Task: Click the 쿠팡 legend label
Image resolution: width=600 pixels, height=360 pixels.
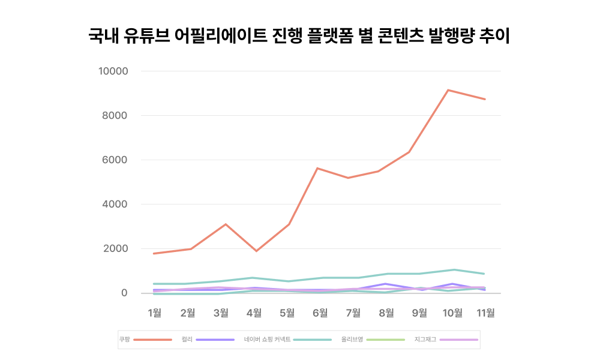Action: (x=125, y=340)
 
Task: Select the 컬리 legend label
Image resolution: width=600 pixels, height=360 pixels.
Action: (x=187, y=340)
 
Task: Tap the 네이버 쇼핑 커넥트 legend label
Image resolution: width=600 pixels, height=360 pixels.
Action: (x=267, y=340)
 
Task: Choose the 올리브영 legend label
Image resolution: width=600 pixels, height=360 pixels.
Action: (x=352, y=340)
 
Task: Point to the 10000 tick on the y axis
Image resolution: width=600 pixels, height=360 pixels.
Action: (x=113, y=71)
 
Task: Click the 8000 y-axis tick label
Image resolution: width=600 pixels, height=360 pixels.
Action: (x=116, y=116)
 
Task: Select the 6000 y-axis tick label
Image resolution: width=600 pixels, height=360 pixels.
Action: (x=116, y=160)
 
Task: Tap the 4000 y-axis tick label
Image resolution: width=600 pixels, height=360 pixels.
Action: (x=116, y=205)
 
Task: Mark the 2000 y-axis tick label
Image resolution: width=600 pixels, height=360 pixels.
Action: (x=116, y=249)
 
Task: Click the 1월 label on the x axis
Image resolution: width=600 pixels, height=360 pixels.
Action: (x=155, y=312)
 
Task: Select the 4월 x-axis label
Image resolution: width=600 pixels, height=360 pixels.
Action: (x=254, y=312)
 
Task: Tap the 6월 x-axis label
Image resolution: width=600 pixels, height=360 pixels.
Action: (x=320, y=312)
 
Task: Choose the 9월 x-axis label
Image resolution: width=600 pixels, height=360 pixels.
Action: (x=419, y=312)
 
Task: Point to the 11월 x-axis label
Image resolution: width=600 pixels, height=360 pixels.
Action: (x=485, y=312)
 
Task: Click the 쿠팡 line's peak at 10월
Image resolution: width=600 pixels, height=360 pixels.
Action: (x=448, y=90)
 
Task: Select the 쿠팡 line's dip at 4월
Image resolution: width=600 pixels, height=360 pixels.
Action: (x=257, y=251)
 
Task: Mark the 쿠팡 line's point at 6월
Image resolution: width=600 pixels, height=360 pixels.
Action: (x=317, y=168)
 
